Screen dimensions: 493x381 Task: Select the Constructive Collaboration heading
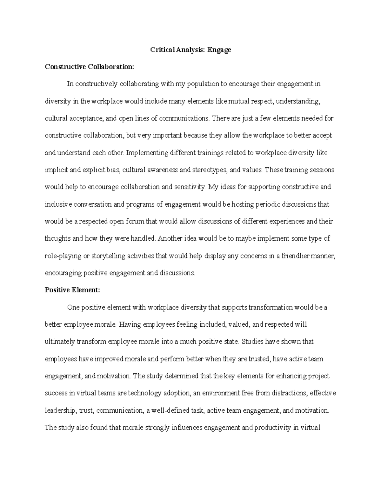pyautogui.click(x=90, y=67)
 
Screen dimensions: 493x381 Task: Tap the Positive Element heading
pyautogui.click(x=72, y=290)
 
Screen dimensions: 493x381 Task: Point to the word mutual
pyautogui.click(x=237, y=101)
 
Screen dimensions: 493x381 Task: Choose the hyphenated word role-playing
pyautogui.click(x=63, y=256)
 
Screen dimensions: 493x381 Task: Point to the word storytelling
pyautogui.click(x=108, y=256)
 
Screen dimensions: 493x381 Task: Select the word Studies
pyautogui.click(x=252, y=342)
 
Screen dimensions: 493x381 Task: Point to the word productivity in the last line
pyautogui.click(x=271, y=428)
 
